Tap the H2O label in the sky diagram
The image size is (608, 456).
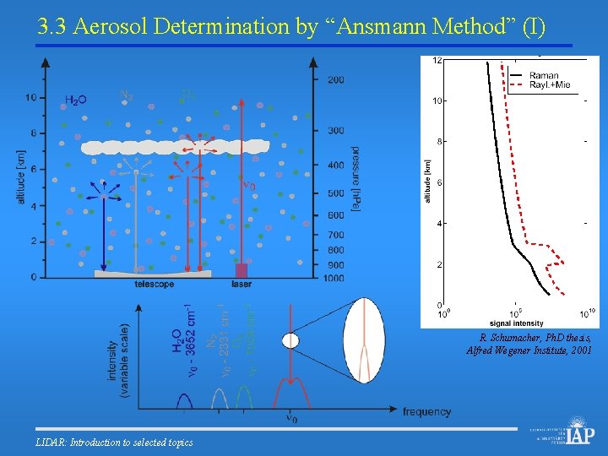coord(76,100)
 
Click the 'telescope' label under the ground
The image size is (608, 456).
coord(154,285)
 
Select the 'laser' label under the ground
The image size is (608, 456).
coord(242,285)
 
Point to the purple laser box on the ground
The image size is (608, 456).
coord(242,270)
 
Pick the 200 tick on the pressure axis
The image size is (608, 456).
coord(335,79)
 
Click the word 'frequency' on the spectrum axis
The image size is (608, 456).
coord(426,412)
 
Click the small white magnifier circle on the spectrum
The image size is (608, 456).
coord(290,341)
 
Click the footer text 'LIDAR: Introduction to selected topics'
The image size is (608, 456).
coord(115,442)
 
